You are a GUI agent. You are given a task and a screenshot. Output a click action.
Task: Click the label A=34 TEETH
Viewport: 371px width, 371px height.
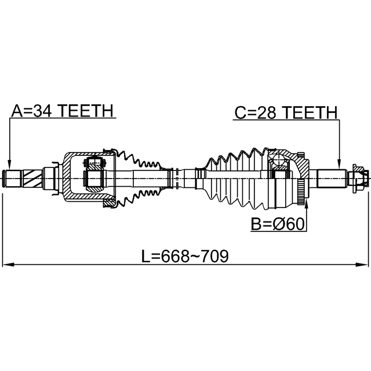[x=63, y=111]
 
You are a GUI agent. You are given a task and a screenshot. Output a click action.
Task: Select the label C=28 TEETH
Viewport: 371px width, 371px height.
[x=286, y=112]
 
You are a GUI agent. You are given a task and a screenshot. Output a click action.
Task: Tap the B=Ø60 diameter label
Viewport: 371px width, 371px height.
[x=278, y=224]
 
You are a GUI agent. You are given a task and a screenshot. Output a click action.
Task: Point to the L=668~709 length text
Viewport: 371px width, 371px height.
[x=185, y=256]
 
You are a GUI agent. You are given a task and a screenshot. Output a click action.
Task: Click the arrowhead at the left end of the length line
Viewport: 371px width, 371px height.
[x=7, y=264]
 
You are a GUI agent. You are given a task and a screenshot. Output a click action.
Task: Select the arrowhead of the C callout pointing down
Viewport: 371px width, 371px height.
[x=339, y=165]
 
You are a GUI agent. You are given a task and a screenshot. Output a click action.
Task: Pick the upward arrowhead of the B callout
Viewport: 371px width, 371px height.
[x=307, y=204]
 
